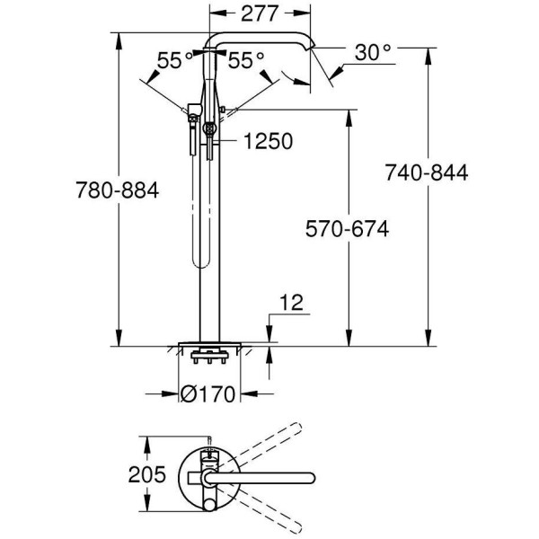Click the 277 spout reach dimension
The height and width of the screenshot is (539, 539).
point(260,13)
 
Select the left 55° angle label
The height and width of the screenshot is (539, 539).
point(175,61)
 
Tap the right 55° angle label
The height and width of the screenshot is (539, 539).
point(246,61)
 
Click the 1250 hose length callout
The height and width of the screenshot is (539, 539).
point(269,141)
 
